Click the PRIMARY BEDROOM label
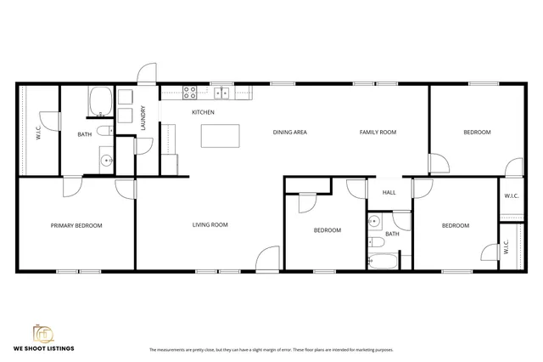pyautogui.click(x=76, y=225)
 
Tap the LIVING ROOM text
pyautogui.click(x=210, y=224)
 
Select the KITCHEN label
pyautogui.click(x=203, y=112)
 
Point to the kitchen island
pyautogui.click(x=220, y=136)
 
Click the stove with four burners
pyautogui.click(x=191, y=93)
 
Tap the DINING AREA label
pyautogui.click(x=289, y=132)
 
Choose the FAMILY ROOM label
pyautogui.click(x=378, y=132)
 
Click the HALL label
pyautogui.click(x=389, y=192)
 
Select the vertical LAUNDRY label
pyautogui.click(x=143, y=116)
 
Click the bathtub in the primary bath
pyautogui.click(x=101, y=102)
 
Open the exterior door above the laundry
pyautogui.click(x=147, y=73)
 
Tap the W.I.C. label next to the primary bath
pyautogui.click(x=37, y=133)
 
